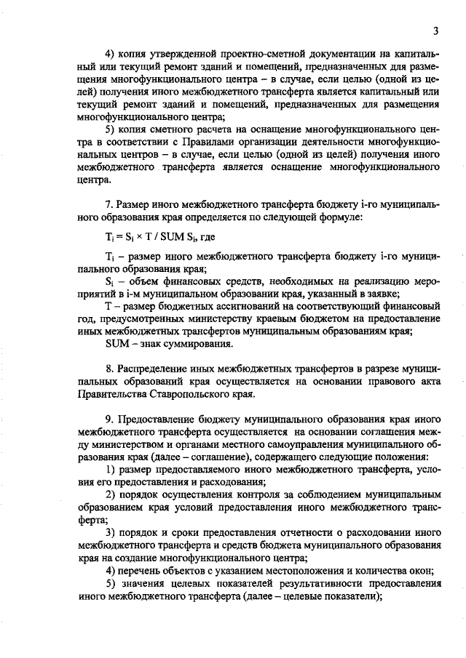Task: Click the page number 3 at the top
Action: pos(435,31)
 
